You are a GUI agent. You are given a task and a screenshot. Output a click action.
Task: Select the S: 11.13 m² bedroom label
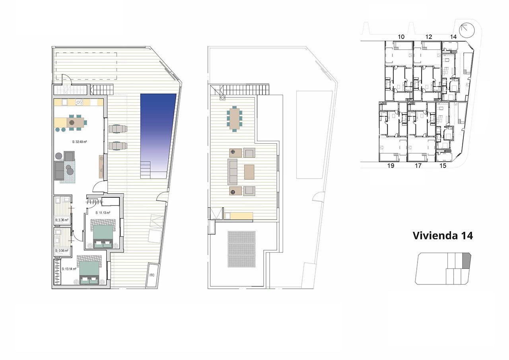pyautogui.click(x=103, y=213)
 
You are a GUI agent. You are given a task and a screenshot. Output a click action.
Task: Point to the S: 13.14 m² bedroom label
pyautogui.click(x=69, y=269)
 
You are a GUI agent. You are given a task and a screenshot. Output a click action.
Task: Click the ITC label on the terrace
pyautogui.click(x=152, y=275)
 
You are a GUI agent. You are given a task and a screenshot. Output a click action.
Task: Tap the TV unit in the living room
pyautogui.click(x=101, y=166)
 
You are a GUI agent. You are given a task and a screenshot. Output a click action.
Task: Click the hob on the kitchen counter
pyautogui.click(x=79, y=102)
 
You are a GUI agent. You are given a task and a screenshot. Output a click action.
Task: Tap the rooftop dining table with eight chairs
pyautogui.click(x=235, y=118)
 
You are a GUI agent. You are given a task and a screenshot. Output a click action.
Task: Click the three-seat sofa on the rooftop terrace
pyautogui.click(x=232, y=171)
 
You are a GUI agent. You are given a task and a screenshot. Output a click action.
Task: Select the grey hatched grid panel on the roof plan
pyautogui.click(x=241, y=249)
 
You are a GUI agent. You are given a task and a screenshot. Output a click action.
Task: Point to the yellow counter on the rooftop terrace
pyautogui.click(x=239, y=216)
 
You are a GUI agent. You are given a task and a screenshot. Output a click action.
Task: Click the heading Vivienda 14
pyautogui.click(x=443, y=235)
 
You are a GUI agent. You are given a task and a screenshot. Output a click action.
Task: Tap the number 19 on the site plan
pyautogui.click(x=390, y=166)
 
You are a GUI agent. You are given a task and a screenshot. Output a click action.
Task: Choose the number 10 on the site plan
pyautogui.click(x=401, y=37)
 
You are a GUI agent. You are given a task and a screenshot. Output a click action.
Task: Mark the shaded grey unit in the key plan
pyautogui.click(x=466, y=261)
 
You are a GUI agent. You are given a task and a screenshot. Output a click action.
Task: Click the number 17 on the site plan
pyautogui.click(x=418, y=166)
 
